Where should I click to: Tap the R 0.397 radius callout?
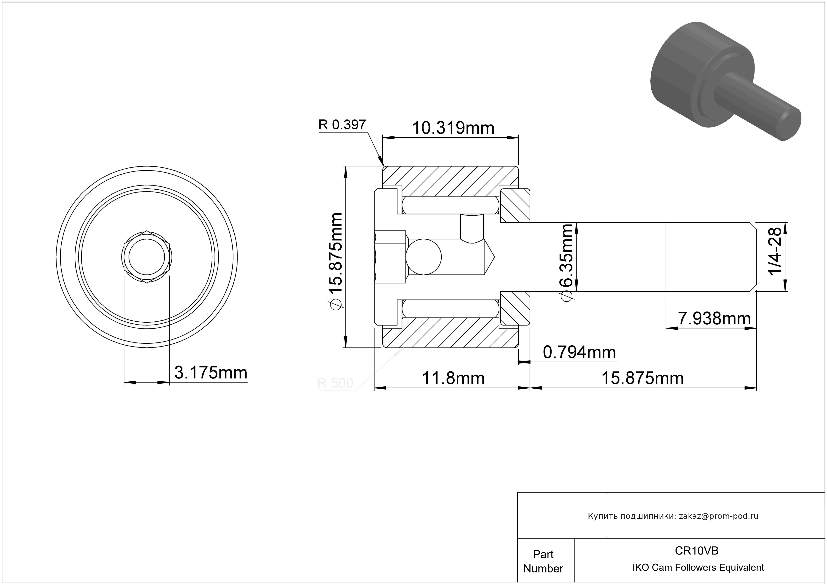342,125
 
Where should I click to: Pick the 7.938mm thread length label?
714,318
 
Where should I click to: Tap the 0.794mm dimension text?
579,352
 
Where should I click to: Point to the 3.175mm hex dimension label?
211,373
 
